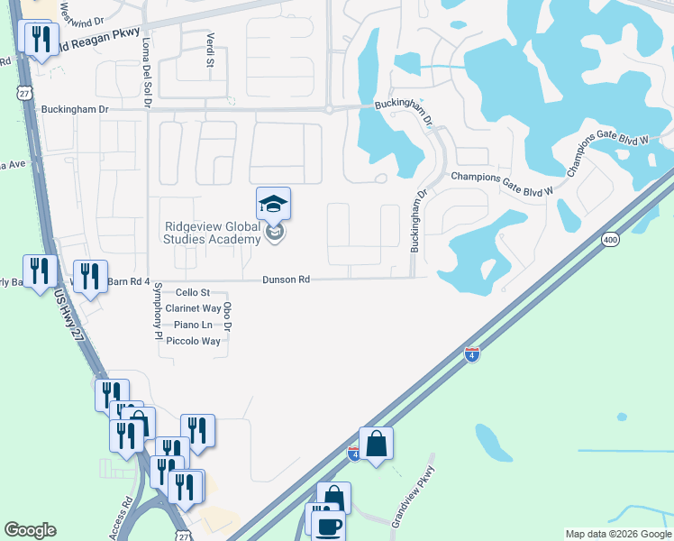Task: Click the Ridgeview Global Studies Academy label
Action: point(213,233)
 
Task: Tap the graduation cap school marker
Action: point(273,204)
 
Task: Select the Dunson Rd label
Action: point(286,280)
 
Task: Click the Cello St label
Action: point(192,292)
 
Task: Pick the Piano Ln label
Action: point(192,325)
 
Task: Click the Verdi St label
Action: point(209,50)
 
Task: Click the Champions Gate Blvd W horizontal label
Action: point(501,179)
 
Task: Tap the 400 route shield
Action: point(611,239)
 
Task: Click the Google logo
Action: point(30,530)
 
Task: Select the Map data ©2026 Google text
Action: point(618,534)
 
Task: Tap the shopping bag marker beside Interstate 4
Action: point(376,443)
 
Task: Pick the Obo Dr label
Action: point(228,316)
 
